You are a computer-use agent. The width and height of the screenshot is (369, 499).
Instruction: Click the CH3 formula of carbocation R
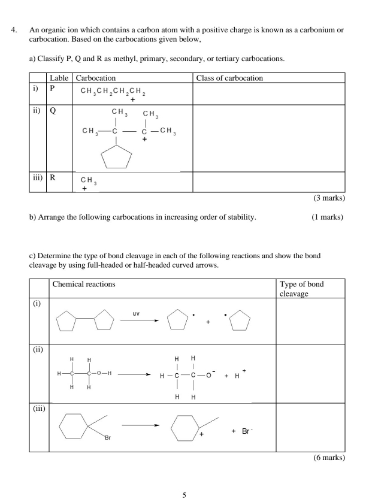(x=88, y=180)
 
